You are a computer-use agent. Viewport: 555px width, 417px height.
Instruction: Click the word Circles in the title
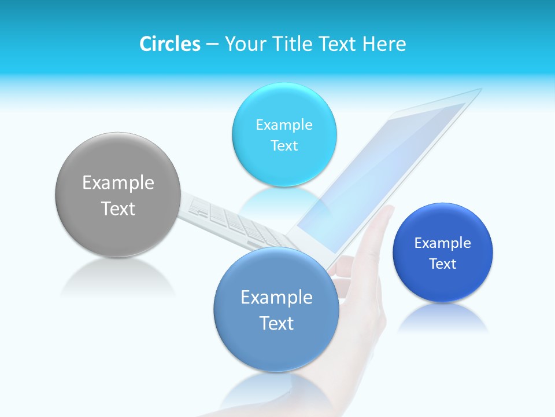click(169, 44)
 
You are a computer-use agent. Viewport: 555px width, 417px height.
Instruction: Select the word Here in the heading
click(384, 44)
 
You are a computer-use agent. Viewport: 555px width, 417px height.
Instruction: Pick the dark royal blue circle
click(442, 284)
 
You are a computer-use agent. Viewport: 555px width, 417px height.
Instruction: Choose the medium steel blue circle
click(276, 348)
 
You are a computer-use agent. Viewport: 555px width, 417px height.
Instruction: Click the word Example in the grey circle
click(118, 183)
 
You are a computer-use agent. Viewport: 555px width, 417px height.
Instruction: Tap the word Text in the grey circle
click(118, 209)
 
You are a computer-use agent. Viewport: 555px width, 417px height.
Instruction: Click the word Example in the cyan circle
click(284, 125)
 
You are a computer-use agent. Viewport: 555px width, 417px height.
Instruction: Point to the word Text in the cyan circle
click(284, 145)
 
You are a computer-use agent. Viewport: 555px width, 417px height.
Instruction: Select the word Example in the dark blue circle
click(442, 243)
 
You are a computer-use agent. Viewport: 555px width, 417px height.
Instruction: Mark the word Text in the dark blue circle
click(442, 264)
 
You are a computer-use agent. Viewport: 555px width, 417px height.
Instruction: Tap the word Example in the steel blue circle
click(276, 298)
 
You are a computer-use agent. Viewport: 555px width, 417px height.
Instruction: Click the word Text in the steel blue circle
click(276, 323)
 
